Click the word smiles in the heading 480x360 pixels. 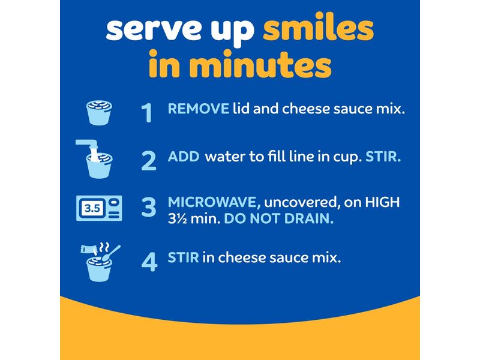tap(319, 26)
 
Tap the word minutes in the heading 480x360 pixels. tap(260, 64)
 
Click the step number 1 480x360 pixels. tap(147, 112)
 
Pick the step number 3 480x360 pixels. tap(149, 207)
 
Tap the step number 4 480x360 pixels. tap(149, 262)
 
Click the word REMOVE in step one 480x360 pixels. tap(199, 109)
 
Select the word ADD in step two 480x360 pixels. tap(184, 157)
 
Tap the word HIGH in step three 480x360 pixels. tap(383, 202)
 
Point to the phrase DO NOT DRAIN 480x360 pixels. tap(279, 218)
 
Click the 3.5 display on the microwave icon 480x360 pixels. tap(92, 208)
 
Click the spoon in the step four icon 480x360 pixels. tap(111, 254)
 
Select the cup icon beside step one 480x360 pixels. tap(99, 112)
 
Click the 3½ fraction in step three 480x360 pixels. tap(178, 218)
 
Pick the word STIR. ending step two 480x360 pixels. tap(383, 157)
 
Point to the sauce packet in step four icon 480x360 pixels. tap(89, 249)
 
